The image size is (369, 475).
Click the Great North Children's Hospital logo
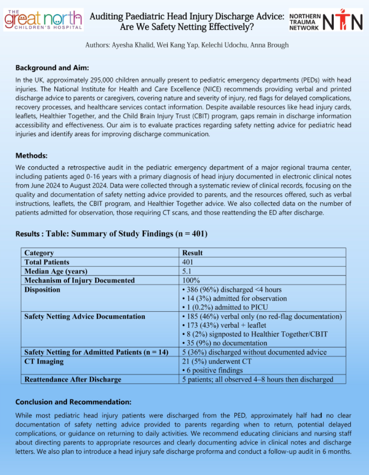pyautogui.click(x=43, y=20)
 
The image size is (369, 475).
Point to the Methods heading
pyautogui.click(x=31, y=155)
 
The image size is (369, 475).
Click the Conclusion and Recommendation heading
pyautogui.click(x=73, y=402)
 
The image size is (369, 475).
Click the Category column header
pyautogui.click(x=39, y=253)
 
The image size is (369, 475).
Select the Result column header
pyautogui.click(x=192, y=253)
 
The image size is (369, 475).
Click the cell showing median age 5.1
pyautogui.click(x=187, y=271)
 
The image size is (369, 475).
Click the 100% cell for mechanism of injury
pyautogui.click(x=191, y=280)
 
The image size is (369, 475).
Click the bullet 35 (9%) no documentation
pyautogui.click(x=224, y=343)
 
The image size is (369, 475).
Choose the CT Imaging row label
pyautogui.click(x=44, y=361)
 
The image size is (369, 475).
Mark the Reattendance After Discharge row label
pyautogui.click(x=73, y=379)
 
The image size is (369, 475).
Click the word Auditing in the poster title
pyautogui.click(x=107, y=17)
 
